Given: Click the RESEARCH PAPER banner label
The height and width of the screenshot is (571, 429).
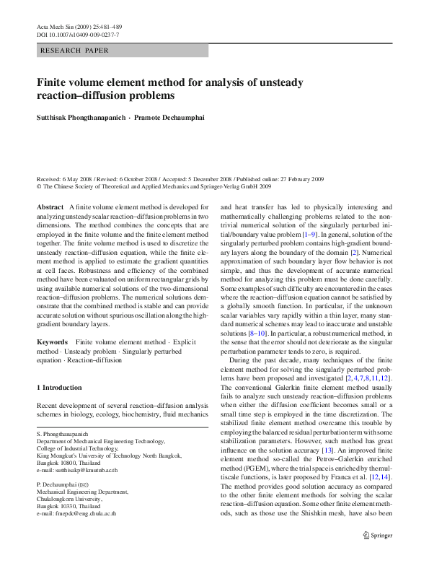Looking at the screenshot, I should click(75, 51).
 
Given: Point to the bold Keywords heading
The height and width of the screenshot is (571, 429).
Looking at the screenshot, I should click(53, 341).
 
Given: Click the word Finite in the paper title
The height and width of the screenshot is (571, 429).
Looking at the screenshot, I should click(53, 82).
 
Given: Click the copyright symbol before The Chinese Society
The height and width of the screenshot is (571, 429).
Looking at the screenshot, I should click(39, 186).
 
